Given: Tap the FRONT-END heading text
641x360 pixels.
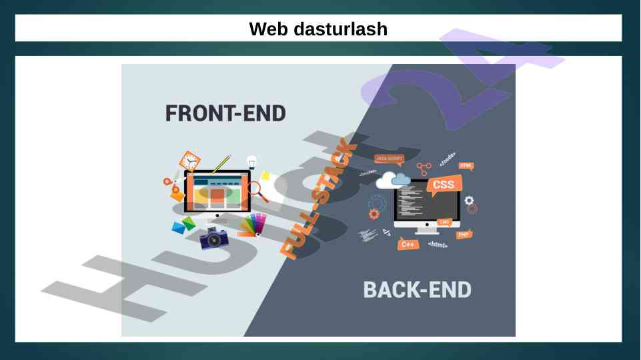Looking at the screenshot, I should (x=225, y=113).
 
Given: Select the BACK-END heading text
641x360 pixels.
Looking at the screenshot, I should (x=417, y=290).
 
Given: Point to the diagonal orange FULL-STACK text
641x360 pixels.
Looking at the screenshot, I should (x=319, y=200).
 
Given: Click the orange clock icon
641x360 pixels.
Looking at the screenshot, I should (x=189, y=161).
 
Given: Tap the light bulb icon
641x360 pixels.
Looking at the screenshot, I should (x=251, y=161).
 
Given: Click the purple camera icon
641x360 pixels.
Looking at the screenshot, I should (x=214, y=238).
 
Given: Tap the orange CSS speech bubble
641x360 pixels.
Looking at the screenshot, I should (x=444, y=185).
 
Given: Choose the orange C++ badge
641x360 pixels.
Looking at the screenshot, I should (x=408, y=245).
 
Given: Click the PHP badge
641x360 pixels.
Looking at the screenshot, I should (x=464, y=234).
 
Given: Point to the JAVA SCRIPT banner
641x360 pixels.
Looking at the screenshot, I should (x=390, y=159).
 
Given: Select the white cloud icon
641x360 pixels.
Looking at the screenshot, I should (x=394, y=179).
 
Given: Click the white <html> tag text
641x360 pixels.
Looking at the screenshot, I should (x=438, y=245).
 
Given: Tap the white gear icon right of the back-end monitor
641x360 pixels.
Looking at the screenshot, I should (x=469, y=200).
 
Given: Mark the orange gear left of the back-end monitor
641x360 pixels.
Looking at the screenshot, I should (x=374, y=213).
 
